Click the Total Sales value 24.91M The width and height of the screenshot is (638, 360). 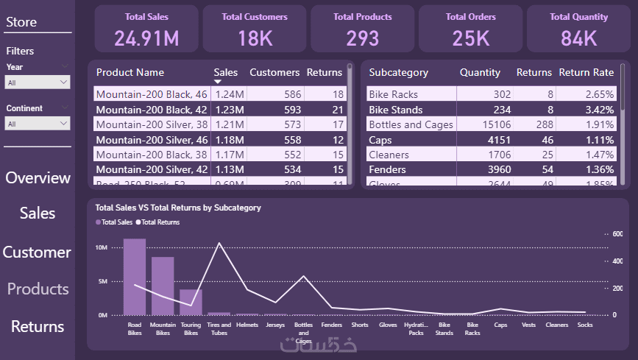(146, 38)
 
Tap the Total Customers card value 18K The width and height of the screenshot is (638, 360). (255, 38)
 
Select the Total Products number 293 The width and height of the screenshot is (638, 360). (363, 38)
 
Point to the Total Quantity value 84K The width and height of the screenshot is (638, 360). (578, 38)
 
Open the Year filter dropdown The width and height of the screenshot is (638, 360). (38, 83)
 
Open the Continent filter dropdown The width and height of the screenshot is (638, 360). (38, 124)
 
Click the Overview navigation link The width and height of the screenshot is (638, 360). (38, 178)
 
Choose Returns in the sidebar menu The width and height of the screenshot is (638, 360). (38, 326)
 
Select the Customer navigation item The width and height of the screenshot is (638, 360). (37, 253)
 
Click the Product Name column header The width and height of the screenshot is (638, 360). (130, 72)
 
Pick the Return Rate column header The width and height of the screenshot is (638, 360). (586, 72)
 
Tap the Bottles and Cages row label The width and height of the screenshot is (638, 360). (411, 124)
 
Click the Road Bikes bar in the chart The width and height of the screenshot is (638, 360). (135, 277)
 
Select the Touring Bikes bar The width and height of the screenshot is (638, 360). (191, 302)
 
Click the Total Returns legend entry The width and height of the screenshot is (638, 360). (160, 222)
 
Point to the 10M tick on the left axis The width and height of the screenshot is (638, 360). (102, 247)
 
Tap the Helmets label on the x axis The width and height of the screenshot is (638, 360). (247, 325)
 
